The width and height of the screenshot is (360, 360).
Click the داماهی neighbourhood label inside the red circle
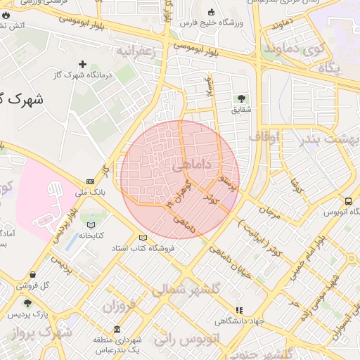[x=186, y=165]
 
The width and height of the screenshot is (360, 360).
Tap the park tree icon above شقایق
[x=242, y=98]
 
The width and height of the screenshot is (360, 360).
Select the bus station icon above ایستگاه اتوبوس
[x=329, y=202]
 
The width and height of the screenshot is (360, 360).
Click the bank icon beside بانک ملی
[x=90, y=181]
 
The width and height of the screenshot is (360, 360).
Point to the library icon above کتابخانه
[x=90, y=226]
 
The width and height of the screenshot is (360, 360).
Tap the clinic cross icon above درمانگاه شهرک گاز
[x=82, y=64]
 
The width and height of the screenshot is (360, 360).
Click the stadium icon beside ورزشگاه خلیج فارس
[x=212, y=12]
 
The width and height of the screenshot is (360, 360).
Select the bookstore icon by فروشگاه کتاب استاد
[x=143, y=238]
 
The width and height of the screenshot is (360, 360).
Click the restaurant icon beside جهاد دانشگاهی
[x=239, y=309]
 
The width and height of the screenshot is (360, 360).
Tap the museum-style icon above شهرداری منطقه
[x=116, y=330]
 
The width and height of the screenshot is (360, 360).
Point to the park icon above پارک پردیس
[x=27, y=303]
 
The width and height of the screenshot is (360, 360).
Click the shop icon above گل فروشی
[x=32, y=275]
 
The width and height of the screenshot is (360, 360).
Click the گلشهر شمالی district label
[x=187, y=289]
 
